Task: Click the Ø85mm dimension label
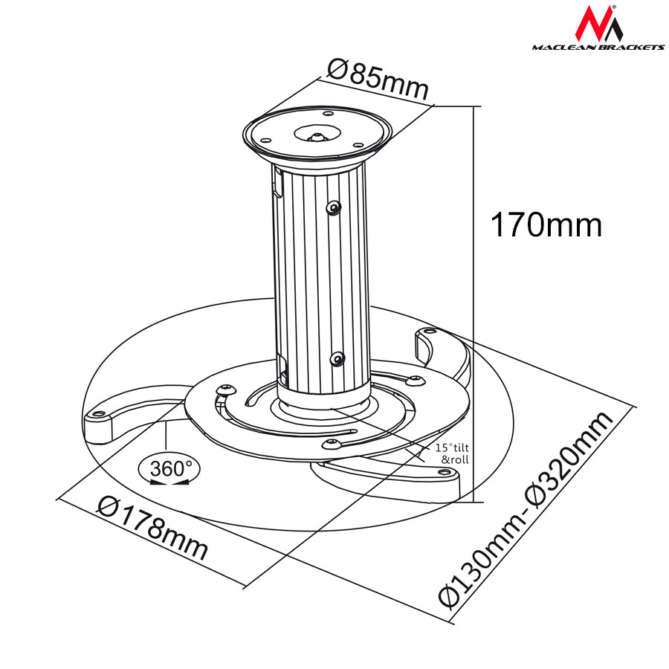378,79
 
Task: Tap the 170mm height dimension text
546,224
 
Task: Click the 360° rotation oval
169,469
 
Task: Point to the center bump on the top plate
316,137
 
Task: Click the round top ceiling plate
317,135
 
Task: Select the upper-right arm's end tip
427,334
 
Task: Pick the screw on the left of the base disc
225,388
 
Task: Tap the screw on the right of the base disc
416,381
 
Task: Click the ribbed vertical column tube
321,282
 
